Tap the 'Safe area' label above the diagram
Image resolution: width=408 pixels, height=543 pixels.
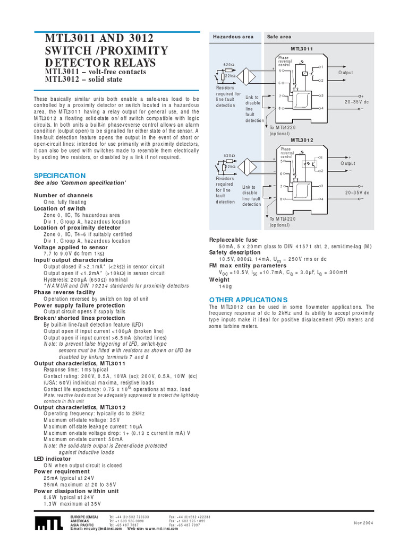pos(279,37)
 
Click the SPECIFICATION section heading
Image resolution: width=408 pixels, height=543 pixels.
pos(59,176)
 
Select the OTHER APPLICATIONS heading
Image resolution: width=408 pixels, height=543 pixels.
pos(248,300)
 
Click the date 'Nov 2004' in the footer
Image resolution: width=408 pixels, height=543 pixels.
pos(364,522)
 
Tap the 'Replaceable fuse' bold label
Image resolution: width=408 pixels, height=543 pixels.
pos(233,240)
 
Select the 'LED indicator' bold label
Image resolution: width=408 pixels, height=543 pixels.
pos(52,459)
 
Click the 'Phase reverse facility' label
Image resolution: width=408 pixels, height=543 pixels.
pos(65,292)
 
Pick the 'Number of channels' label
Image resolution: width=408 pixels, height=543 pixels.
pos(63,196)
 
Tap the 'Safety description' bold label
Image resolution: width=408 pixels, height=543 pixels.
pos(235,253)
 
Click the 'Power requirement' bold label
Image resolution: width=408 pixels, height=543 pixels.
pos(62,471)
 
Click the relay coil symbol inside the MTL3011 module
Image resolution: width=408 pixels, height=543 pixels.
pos(304,73)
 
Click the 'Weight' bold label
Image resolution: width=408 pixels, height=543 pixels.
pos(219,279)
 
